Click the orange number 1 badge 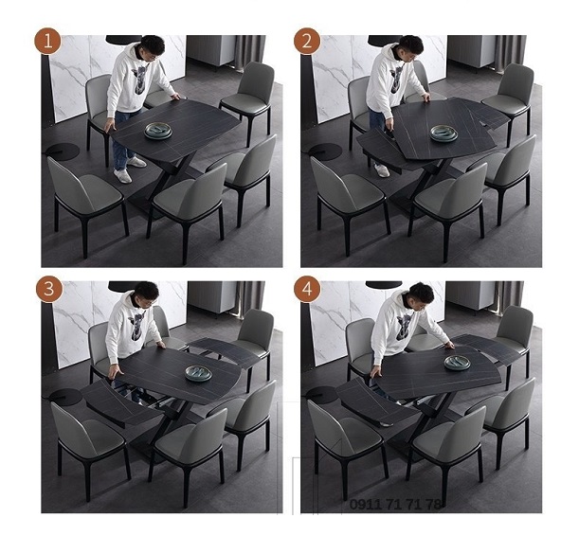(47, 42)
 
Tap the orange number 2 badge (307, 42)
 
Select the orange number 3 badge (48, 289)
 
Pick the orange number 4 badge (307, 289)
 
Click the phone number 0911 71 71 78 (395, 505)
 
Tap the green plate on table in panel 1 (158, 131)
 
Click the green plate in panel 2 (443, 134)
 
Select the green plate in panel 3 (199, 373)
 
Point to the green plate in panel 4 (458, 363)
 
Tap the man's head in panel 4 (422, 295)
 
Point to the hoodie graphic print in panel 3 (136, 327)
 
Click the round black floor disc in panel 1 (63, 151)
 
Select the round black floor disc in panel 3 (65, 396)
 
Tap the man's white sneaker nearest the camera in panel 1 (123, 176)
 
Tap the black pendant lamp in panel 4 (384, 284)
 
